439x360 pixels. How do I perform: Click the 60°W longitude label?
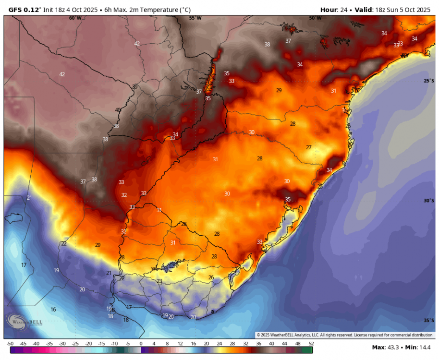pos(74,18)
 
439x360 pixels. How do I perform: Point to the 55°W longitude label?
pos(195,18)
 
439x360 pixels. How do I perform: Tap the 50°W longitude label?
pos(315,18)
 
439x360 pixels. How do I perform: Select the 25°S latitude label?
pos(429,81)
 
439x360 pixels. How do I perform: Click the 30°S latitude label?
pos(429,201)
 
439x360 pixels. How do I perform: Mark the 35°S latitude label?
pos(429,320)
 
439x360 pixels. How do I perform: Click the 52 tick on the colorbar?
pos(312,344)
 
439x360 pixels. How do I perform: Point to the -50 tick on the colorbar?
pos(10,344)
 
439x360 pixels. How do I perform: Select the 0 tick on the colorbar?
pos(141,344)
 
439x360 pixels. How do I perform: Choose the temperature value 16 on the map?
pos(53,310)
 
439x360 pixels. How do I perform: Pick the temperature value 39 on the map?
pos(135,87)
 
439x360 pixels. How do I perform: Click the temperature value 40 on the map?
pos(118,110)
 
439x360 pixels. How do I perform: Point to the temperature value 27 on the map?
pos(309,147)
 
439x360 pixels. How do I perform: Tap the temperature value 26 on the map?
pos(211,277)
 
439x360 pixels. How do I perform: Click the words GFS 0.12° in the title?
pos(24,10)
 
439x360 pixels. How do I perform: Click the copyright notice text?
pos(345,335)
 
